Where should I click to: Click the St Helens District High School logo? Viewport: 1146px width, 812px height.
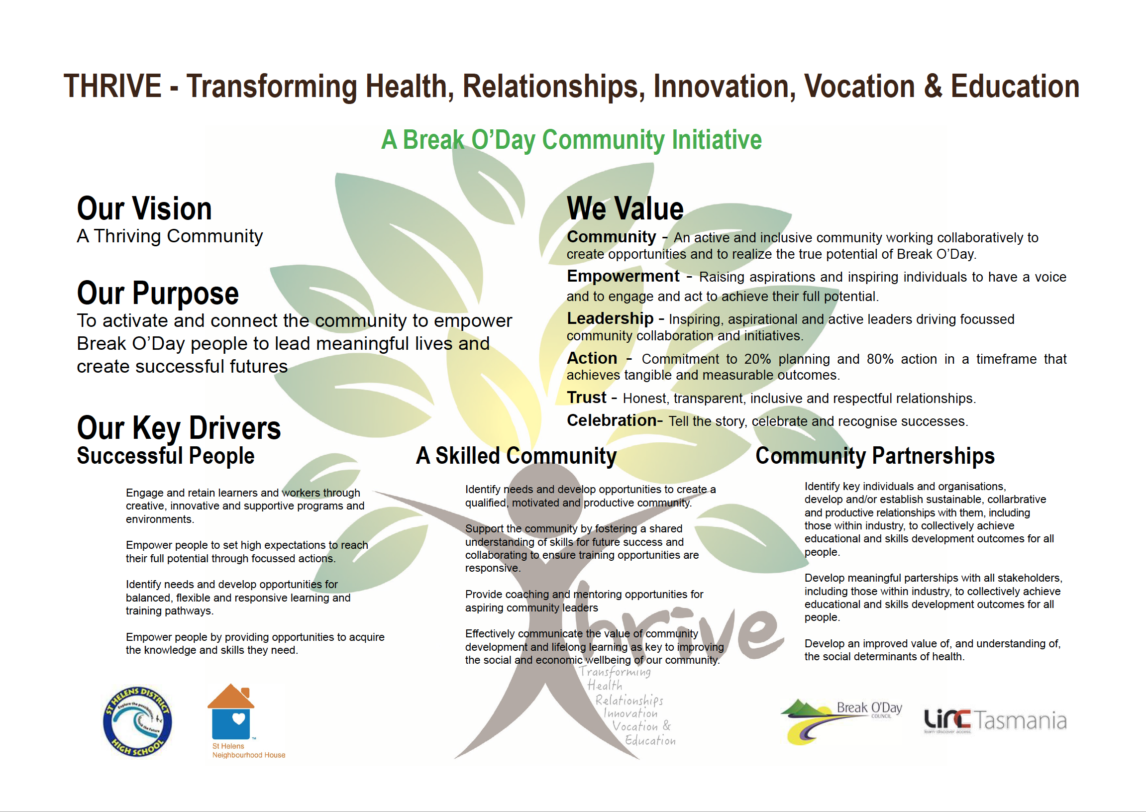pyautogui.click(x=137, y=720)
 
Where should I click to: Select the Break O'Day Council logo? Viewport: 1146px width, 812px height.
pyautogui.click(x=841, y=721)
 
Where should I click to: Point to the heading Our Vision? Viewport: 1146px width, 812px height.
pyautogui.click(x=144, y=208)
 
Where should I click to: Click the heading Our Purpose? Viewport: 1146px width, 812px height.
pyautogui.click(x=158, y=294)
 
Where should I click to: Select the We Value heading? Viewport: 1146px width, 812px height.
pyautogui.click(x=625, y=208)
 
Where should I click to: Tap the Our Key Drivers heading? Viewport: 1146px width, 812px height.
pyautogui.click(x=179, y=428)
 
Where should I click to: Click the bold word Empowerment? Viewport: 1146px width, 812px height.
pyautogui.click(x=623, y=276)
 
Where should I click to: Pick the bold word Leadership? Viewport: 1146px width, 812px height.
pyautogui.click(x=610, y=318)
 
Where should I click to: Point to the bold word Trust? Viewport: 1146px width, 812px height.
pyautogui.click(x=587, y=398)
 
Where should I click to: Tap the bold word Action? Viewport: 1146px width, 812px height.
pyautogui.click(x=592, y=358)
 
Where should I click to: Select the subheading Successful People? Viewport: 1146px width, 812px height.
pyautogui.click(x=166, y=456)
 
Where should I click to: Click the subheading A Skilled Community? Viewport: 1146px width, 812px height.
pyautogui.click(x=516, y=456)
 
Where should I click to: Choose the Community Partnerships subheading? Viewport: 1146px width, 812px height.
pyautogui.click(x=875, y=456)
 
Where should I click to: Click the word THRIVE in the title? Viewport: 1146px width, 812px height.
pyautogui.click(x=112, y=86)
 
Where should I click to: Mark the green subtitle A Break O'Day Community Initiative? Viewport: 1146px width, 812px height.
pyautogui.click(x=571, y=139)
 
